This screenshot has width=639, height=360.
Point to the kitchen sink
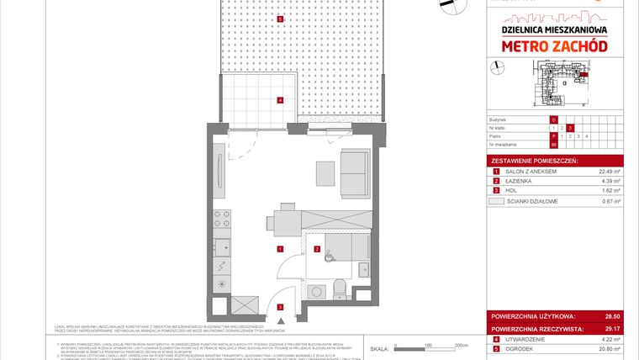pyautogui.click(x=223, y=249)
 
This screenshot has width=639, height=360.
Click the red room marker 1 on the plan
pyautogui.click(x=279, y=249)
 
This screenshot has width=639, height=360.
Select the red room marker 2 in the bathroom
pyautogui.click(x=316, y=249)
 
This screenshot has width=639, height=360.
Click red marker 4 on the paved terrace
pyautogui.click(x=280, y=101)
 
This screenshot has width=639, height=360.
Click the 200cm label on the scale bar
pyautogui.click(x=460, y=345)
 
